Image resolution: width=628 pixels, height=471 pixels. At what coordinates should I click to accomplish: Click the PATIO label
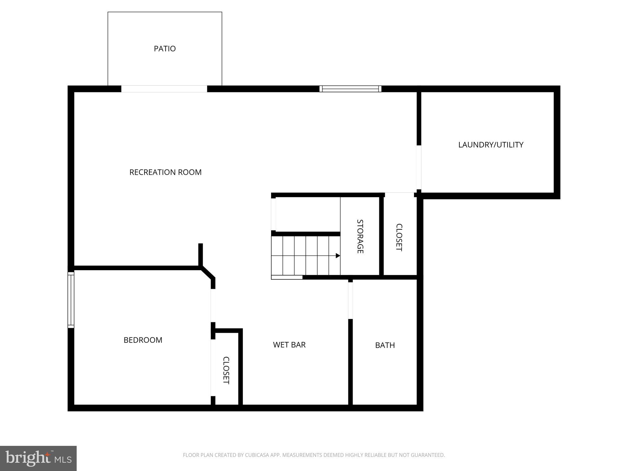[x=165, y=49]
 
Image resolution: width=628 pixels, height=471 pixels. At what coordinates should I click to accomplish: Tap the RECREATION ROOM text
[x=165, y=172]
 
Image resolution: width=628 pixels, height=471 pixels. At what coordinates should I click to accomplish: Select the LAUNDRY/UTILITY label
[x=491, y=145]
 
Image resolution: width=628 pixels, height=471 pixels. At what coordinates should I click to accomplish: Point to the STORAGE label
[x=360, y=236]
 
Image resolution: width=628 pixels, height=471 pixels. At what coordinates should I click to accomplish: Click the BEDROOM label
[x=143, y=340]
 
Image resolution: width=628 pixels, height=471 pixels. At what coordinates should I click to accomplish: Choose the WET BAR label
[x=289, y=345]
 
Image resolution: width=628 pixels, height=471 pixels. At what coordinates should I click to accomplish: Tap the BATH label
[x=385, y=345]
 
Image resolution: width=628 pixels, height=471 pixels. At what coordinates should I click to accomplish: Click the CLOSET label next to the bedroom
[x=226, y=370]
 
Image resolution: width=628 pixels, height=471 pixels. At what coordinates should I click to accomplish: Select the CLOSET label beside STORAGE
[x=399, y=237]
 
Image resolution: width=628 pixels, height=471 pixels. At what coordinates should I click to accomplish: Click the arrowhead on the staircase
[x=338, y=256]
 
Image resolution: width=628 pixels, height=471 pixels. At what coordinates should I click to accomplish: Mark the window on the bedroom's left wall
[x=71, y=300]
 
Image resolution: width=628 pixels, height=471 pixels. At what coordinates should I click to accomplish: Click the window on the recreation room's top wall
[x=350, y=89]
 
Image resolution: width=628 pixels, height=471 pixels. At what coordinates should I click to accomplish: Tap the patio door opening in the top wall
[x=164, y=89]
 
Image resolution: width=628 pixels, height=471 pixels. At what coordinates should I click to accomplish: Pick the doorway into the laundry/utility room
[x=419, y=167]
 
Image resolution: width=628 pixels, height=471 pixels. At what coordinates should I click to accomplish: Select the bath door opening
[x=350, y=301]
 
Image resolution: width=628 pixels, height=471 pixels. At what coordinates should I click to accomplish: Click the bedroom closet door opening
[x=213, y=368]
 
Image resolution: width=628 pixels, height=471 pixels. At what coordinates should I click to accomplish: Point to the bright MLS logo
[x=38, y=458]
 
